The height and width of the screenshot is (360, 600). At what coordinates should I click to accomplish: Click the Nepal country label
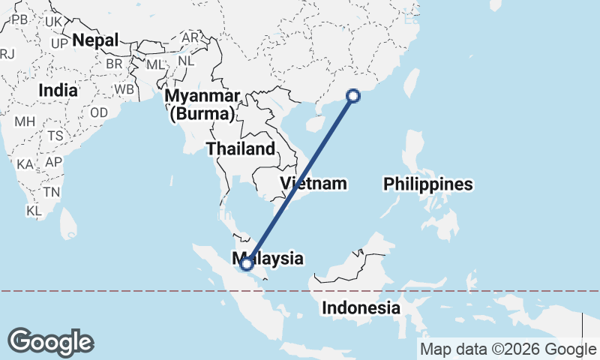coord(96,40)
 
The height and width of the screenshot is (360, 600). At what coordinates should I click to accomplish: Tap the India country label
coord(58,90)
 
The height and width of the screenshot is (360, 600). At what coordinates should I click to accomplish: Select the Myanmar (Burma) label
coord(202,105)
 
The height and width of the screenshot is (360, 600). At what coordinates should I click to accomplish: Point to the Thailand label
coord(241,148)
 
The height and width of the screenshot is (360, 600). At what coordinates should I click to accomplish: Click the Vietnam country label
coord(314,183)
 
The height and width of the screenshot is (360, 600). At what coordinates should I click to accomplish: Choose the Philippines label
coord(428,184)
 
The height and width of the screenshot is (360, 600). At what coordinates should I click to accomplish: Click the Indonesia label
coord(361,307)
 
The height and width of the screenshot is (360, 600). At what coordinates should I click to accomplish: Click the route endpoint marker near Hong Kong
coord(354,95)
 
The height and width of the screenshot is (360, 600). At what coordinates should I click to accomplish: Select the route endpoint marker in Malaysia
coord(246,263)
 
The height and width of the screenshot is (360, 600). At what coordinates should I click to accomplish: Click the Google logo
coord(50,342)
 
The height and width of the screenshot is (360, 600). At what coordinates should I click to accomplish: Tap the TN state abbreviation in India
coord(51,191)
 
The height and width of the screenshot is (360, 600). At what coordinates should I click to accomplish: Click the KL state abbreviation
coord(34,211)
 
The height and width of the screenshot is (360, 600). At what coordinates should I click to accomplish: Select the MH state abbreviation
coord(25,121)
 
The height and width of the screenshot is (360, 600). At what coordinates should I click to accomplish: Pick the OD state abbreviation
coord(99,112)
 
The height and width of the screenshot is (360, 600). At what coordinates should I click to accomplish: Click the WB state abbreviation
coord(124,90)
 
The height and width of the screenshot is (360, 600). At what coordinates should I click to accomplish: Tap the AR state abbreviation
coord(190,37)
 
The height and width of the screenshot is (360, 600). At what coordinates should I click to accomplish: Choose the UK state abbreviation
coord(53,22)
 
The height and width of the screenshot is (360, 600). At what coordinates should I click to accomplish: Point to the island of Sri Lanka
coord(68,220)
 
